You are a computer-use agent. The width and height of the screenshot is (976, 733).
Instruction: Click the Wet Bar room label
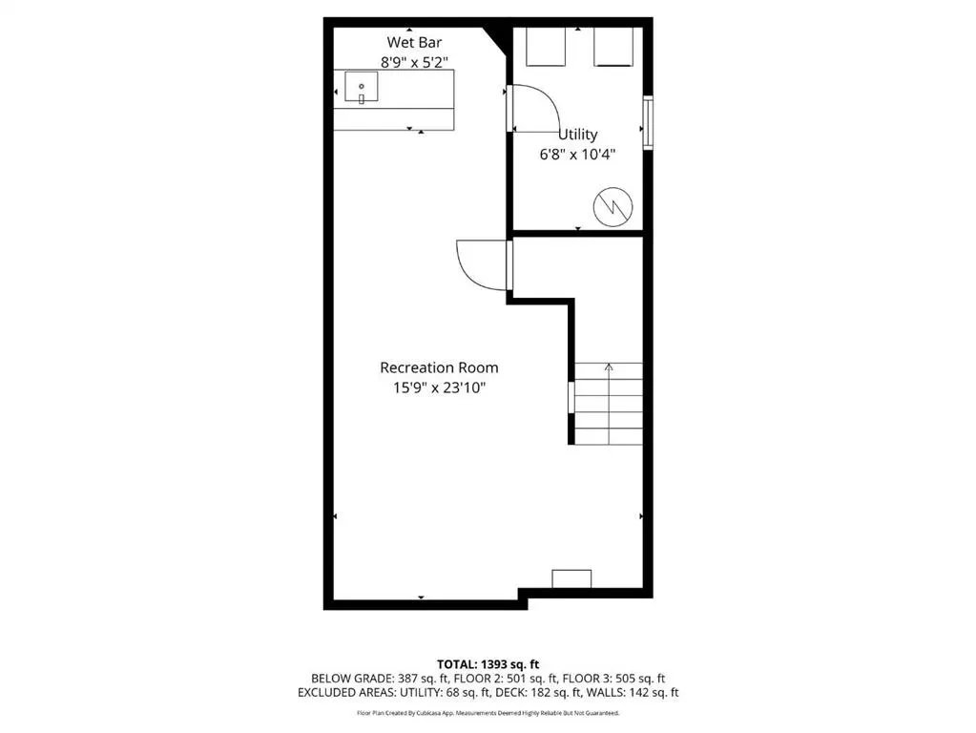(414, 42)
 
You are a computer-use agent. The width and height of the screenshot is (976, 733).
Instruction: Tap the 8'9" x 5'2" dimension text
(414, 62)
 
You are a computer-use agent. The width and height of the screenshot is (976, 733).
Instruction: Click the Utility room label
(577, 135)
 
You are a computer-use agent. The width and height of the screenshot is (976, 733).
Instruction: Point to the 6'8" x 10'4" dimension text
(577, 154)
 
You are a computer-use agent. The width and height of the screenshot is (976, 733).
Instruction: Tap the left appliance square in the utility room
(547, 47)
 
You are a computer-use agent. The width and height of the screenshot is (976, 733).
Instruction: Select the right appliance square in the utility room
(614, 47)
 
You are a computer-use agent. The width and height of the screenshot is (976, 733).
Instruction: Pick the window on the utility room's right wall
(648, 122)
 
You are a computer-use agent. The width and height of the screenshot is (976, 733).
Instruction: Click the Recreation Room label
(439, 367)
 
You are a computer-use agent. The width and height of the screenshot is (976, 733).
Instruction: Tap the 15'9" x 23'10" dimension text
(439, 387)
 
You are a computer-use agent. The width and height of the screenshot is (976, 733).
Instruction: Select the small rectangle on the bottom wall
(571, 578)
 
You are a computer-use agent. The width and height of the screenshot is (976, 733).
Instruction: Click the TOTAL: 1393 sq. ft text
(488, 663)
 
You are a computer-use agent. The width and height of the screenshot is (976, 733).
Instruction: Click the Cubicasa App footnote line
(488, 713)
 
